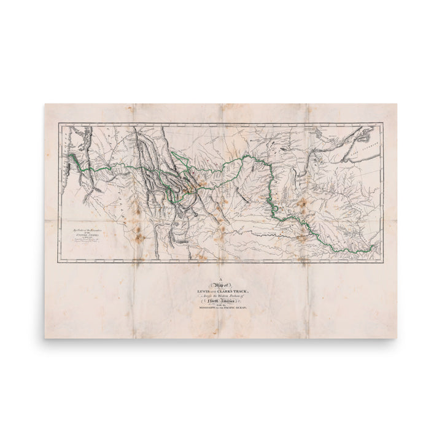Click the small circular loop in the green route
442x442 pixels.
pyautogui.click(x=275, y=209)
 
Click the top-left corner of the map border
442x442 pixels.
pyautogui.click(x=59, y=123)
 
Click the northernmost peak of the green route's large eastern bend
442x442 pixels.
pyautogui.click(x=246, y=157)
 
